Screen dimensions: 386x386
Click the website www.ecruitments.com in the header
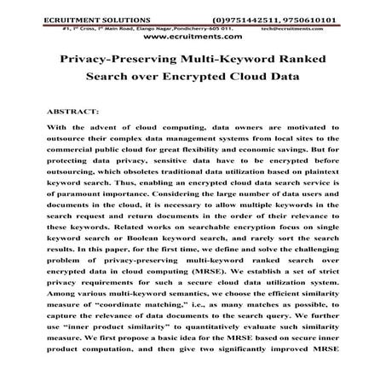193,38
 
